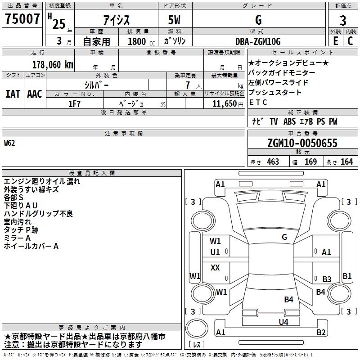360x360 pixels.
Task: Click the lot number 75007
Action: [22, 18]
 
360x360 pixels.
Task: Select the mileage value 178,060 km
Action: [53, 65]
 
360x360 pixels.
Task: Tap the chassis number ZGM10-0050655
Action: [302, 143]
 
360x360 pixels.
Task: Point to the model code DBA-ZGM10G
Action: [258, 41]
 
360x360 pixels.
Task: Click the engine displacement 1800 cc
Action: [141, 41]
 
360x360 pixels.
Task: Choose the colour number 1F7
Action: [74, 104]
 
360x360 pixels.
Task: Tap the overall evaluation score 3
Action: [343, 20]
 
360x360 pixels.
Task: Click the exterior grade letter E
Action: [335, 41]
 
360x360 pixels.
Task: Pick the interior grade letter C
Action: [350, 41]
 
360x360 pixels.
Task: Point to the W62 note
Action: [9, 143]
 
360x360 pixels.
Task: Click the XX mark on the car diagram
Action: [215, 267]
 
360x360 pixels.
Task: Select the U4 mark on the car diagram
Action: [283, 322]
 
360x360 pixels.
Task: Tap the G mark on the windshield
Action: [284, 237]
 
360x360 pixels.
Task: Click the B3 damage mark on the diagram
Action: [327, 279]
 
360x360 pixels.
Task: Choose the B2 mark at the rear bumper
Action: [321, 332]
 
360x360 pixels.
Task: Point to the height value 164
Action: [346, 162]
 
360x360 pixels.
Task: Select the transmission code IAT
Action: [13, 94]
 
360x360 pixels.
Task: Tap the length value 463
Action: [273, 162]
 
